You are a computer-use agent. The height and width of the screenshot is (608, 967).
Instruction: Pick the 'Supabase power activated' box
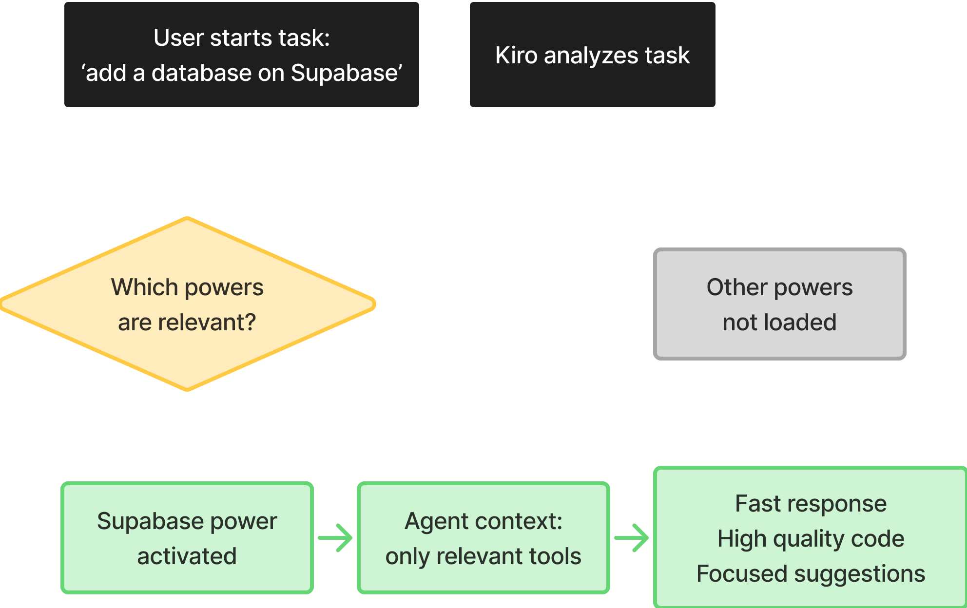pos(187,538)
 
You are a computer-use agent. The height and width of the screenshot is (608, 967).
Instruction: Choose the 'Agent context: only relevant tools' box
pos(483,538)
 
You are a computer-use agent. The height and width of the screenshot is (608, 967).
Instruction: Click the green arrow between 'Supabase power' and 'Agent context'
pos(336,538)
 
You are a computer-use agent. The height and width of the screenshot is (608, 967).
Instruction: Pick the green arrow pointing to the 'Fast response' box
pos(633,538)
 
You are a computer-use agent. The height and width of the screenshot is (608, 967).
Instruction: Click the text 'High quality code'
pos(811,539)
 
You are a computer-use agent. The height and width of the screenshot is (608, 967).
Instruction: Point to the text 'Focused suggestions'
pos(811,574)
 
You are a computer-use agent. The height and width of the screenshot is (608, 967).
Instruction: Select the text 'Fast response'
pos(811,504)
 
